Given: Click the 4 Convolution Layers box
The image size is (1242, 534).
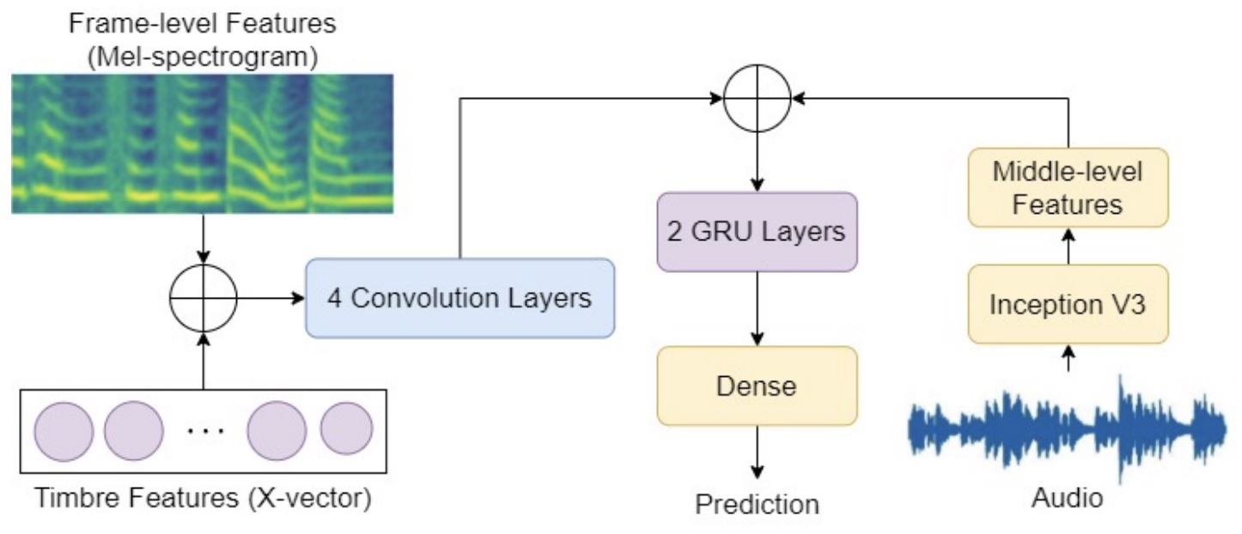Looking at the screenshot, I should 460,298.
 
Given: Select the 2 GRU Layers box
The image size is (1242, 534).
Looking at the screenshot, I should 757,232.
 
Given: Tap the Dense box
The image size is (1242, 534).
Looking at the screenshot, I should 757,385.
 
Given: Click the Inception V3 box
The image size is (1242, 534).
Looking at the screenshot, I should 1068,305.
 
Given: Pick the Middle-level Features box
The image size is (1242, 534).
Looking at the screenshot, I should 1068,188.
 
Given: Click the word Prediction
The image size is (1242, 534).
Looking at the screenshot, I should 757,504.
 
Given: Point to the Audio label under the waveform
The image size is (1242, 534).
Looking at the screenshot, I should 1068,499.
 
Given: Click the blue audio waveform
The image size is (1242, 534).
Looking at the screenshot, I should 1068,427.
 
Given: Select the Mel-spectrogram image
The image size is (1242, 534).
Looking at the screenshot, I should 204,143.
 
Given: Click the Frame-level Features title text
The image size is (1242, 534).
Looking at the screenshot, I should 204,23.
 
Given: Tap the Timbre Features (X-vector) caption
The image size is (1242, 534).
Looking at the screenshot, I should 204,500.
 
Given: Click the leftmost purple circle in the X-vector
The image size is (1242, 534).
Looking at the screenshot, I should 63,429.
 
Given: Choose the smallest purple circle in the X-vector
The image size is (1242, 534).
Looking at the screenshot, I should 346,428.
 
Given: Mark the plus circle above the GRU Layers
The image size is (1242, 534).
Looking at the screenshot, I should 757,100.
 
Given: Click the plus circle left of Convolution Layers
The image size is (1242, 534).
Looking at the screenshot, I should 204,299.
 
